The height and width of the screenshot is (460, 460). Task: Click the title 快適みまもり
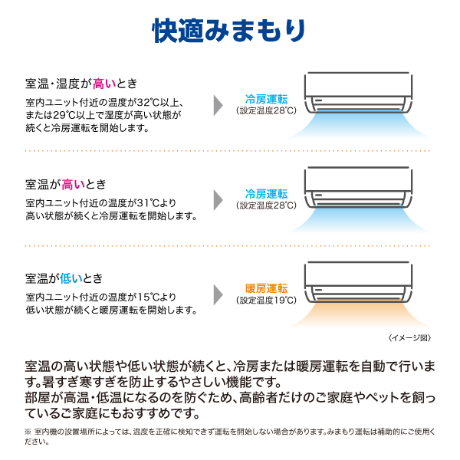click(x=228, y=31)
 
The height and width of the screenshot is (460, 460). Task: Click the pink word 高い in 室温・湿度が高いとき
click(x=104, y=84)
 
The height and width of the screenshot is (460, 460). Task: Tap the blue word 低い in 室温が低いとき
click(x=71, y=278)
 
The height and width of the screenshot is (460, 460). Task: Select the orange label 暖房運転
click(x=266, y=288)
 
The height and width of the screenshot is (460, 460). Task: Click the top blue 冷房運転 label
click(x=266, y=100)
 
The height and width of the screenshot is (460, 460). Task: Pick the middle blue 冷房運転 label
click(x=266, y=194)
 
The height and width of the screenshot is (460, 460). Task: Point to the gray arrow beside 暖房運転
click(x=219, y=294)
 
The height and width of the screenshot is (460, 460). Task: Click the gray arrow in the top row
click(x=219, y=105)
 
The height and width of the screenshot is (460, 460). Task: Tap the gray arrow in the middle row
click(x=219, y=200)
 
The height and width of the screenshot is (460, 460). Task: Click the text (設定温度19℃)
click(x=266, y=300)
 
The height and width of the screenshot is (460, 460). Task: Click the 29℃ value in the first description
click(x=64, y=115)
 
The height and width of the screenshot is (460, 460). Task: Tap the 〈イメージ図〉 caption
click(x=409, y=338)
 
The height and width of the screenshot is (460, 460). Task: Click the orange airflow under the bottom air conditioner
click(x=359, y=314)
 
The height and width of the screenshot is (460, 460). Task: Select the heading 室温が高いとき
click(x=66, y=185)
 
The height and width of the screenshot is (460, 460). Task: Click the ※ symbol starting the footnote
click(x=28, y=432)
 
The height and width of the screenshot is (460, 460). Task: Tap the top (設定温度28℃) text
click(x=266, y=110)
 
